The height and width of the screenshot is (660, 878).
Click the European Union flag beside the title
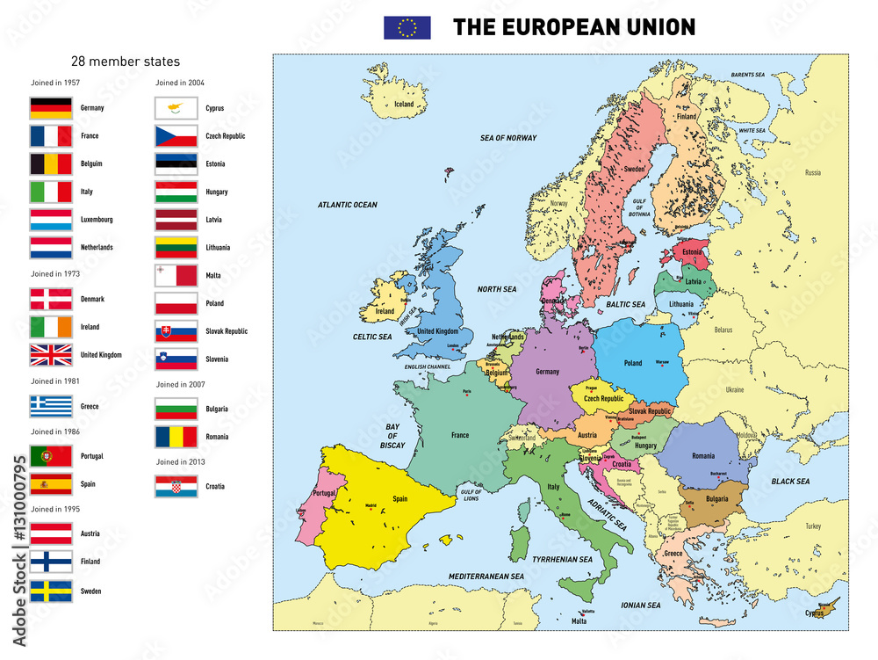(x=407, y=28)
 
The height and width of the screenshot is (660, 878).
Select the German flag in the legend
(x=51, y=108)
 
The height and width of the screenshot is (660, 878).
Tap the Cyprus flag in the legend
(x=176, y=108)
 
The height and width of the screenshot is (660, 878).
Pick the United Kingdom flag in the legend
(x=51, y=355)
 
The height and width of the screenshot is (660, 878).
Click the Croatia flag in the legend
(x=176, y=486)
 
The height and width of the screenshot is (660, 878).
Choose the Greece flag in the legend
(x=51, y=406)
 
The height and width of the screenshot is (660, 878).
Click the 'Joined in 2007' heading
(x=180, y=384)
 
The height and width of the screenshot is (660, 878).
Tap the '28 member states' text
(x=125, y=62)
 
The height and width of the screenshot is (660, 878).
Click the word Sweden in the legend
(x=90, y=591)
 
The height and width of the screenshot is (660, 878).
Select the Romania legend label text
(x=218, y=437)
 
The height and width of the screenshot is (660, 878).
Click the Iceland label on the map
(x=404, y=104)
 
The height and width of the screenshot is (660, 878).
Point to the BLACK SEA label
(x=790, y=482)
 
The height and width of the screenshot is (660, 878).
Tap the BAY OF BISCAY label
(x=392, y=436)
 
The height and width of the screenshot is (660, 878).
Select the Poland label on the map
(x=632, y=363)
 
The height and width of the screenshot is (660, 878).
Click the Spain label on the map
(x=399, y=498)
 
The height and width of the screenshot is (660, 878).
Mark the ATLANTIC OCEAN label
(x=347, y=205)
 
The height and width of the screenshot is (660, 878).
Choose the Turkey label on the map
(x=812, y=526)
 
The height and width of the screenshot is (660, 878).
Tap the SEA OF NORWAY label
(x=507, y=138)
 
